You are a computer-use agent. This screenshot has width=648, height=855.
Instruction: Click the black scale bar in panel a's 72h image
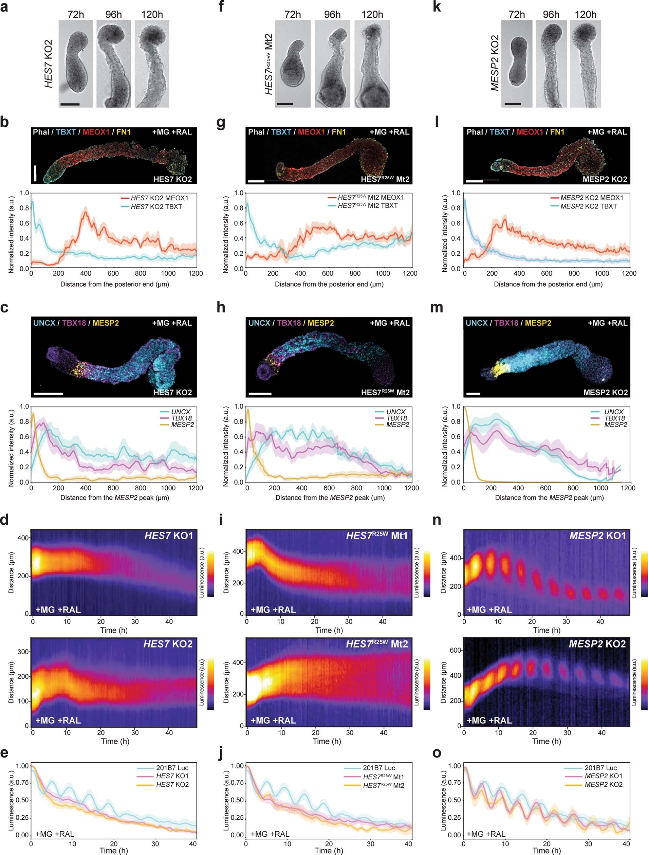pyautogui.click(x=70, y=104)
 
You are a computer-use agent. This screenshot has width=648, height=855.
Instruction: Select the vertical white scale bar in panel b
pyautogui.click(x=35, y=173)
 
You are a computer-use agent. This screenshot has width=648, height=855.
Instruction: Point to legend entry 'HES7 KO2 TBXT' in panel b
pyautogui.click(x=156, y=207)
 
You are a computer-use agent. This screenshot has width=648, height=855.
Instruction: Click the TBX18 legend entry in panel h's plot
pyautogui.click(x=396, y=418)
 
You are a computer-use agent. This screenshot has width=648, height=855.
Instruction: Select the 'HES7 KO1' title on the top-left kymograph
pyautogui.click(x=168, y=536)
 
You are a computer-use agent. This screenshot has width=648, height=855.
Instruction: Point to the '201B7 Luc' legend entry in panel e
pyautogui.click(x=172, y=768)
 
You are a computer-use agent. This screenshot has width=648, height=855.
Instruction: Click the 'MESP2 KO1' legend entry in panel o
pyautogui.click(x=603, y=776)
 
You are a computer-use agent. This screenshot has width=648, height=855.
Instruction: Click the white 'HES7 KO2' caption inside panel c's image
pyautogui.click(x=172, y=392)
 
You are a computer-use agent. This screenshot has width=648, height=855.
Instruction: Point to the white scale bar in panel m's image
pyautogui.click(x=473, y=394)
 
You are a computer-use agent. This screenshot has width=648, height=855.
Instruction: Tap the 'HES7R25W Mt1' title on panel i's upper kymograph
pyautogui.click(x=377, y=536)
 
